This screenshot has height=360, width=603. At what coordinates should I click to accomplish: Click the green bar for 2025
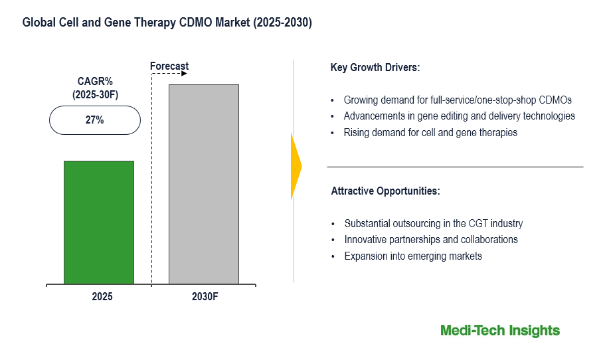pyautogui.click(x=99, y=223)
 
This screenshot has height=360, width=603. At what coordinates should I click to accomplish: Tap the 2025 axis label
pyautogui.click(x=102, y=297)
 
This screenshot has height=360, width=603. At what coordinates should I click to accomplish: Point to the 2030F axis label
pyautogui.click(x=204, y=297)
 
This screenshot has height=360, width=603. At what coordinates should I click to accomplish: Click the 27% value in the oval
pyautogui.click(x=94, y=121)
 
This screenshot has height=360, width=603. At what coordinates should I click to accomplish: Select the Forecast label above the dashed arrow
pyautogui.click(x=169, y=66)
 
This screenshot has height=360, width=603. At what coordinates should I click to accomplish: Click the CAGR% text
pyautogui.click(x=94, y=82)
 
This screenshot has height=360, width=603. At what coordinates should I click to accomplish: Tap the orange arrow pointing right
pyautogui.click(x=296, y=166)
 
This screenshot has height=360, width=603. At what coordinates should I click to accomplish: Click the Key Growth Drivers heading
pyautogui.click(x=375, y=68)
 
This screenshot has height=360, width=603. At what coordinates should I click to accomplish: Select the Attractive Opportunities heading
pyautogui.click(x=385, y=191)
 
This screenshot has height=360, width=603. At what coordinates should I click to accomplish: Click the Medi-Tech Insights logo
pyautogui.click(x=500, y=331)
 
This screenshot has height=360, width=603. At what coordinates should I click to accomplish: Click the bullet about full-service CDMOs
pyautogui.click(x=458, y=100)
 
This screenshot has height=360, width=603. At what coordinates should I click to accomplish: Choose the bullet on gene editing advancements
pyautogui.click(x=459, y=116)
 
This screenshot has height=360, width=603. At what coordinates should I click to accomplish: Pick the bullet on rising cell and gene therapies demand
pyautogui.click(x=430, y=132)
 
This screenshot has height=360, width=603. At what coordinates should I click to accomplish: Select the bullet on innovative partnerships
pyautogui.click(x=431, y=240)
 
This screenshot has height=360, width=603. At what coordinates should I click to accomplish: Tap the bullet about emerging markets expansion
pyautogui.click(x=413, y=256)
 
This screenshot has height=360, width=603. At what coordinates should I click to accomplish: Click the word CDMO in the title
pyautogui.click(x=199, y=23)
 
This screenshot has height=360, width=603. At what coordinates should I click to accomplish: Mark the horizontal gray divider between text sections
pyautogui.click(x=455, y=167)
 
